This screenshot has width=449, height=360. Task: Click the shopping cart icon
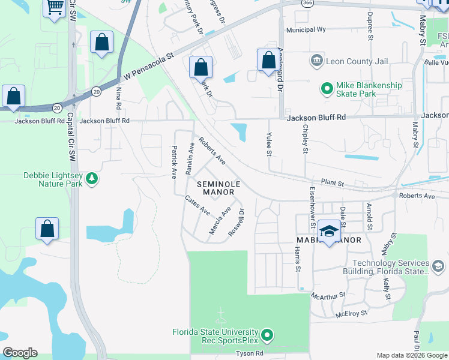55,8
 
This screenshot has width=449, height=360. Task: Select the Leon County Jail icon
316,61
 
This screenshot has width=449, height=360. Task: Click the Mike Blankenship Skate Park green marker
327,89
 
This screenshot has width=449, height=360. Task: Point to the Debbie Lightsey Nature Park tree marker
91,178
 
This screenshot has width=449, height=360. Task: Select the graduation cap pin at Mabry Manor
329,231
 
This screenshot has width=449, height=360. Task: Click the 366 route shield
307,3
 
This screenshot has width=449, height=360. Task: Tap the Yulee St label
269,145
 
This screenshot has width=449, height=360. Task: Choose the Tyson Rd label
251,354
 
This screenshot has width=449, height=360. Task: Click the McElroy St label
351,313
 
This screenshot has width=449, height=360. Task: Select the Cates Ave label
197,206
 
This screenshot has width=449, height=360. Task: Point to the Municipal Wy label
306,29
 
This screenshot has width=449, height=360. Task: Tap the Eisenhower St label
312,203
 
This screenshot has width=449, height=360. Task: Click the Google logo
20,353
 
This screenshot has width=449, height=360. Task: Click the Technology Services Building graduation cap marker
438,265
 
